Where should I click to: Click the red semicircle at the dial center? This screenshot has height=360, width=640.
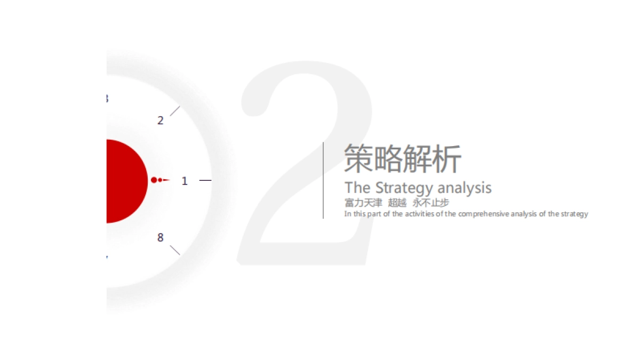[126, 181]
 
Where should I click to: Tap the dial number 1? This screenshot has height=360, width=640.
[185, 181]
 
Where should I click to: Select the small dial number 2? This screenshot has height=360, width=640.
[161, 121]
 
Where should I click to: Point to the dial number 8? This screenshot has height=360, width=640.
[161, 237]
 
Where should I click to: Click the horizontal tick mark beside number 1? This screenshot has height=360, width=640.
[205, 180]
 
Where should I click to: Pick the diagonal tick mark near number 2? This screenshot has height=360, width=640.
[175, 111]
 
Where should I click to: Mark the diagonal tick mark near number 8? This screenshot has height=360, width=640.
[175, 250]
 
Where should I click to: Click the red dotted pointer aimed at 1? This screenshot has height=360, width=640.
[161, 180]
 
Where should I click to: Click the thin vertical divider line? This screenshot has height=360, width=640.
[323, 180]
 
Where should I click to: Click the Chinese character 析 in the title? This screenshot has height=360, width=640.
[447, 158]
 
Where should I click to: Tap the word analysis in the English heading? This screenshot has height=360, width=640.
[465, 188]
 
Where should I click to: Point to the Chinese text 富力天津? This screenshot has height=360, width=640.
[363, 203]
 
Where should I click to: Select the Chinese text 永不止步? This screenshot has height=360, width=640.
[431, 203]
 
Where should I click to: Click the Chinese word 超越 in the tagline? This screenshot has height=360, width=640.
[397, 203]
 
